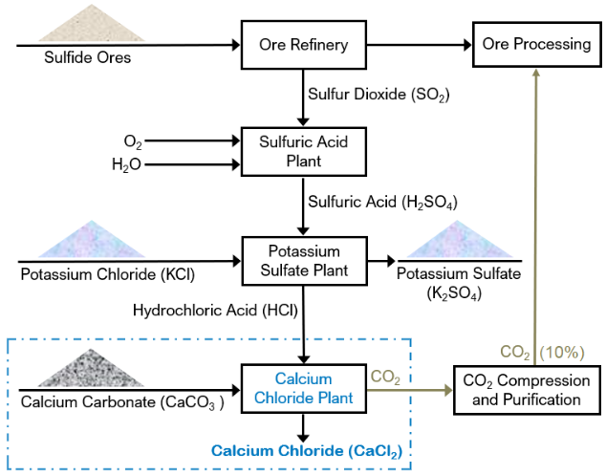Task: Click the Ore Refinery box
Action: [303, 45]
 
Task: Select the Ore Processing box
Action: [536, 45]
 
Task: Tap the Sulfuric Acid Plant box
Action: [303, 151]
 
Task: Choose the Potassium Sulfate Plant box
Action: [303, 260]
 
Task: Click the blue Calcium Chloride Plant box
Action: [303, 387]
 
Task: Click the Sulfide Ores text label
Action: [87, 58]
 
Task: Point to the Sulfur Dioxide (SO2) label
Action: [378, 96]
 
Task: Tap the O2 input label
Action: [132, 142]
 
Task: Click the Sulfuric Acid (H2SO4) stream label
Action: [381, 203]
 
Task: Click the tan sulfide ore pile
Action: [86, 25]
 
